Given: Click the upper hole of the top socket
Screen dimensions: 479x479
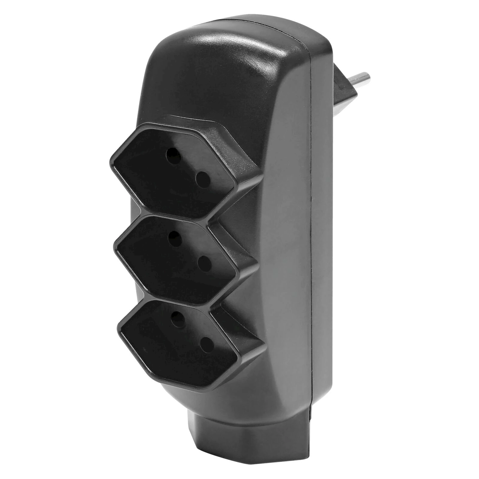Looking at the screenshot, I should pyautogui.click(x=174, y=155).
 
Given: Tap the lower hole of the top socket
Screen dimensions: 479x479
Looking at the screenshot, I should pyautogui.click(x=203, y=180).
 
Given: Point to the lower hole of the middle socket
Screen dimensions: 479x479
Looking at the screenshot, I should pyautogui.click(x=205, y=263).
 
